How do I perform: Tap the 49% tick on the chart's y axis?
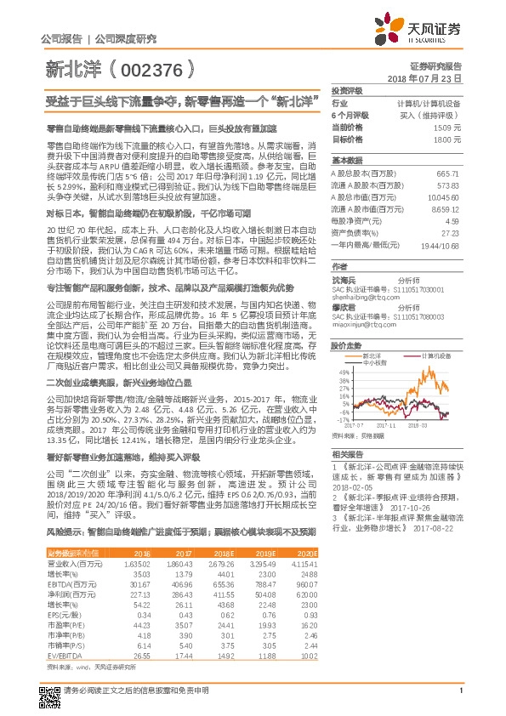342,372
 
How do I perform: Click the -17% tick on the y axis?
342,420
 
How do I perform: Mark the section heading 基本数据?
347,160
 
